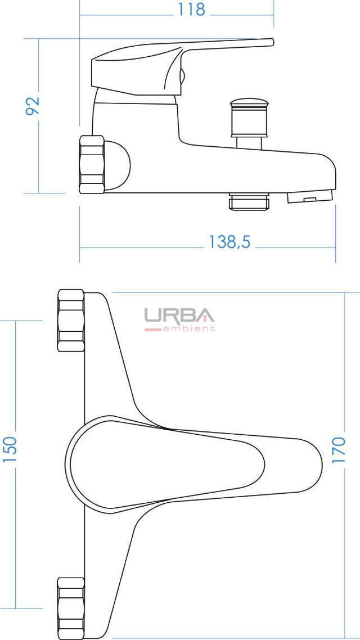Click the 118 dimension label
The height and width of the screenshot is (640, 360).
click(191, 10)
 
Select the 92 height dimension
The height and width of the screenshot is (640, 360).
click(33, 106)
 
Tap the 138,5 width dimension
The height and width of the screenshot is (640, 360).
click(229, 242)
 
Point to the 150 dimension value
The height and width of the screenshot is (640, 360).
click(10, 449)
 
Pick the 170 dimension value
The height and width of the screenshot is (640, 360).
click(339, 449)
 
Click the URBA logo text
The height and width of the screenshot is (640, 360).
click(179, 315)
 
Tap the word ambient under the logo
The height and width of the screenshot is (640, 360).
click(188, 328)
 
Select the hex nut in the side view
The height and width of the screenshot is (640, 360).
click(92, 164)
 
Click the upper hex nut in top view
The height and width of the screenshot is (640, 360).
click(71, 321)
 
